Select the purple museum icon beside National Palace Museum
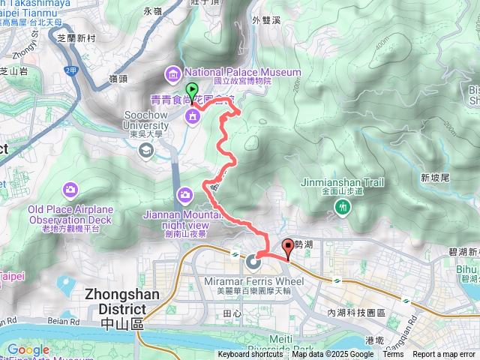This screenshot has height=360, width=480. point(173,73)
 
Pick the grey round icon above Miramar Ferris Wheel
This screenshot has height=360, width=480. point(253,262)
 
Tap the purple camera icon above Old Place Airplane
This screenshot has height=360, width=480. point(70,188)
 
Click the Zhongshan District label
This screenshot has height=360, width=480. point(122,302)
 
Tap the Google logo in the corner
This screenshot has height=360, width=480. point(28,349)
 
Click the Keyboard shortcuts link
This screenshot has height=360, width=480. point(250,355)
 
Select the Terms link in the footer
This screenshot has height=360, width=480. point(393,355)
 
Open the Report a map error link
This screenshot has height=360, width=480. point(445,355)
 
